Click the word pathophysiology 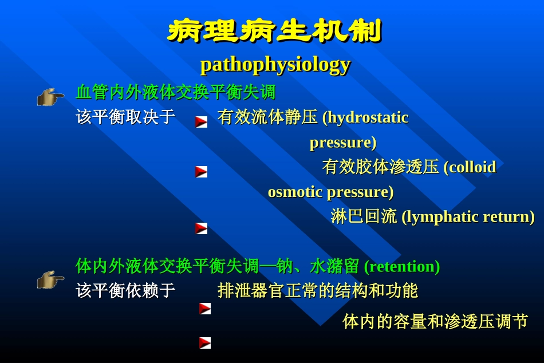tap(275, 64)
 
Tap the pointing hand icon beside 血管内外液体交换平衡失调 tap(50, 97)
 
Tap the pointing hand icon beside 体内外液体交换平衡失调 tap(50, 279)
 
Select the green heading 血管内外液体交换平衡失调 tap(176, 92)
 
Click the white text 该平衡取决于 tap(125, 117)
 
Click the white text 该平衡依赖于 tap(125, 291)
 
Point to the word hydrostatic tap(368, 117)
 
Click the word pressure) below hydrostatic tap(342, 142)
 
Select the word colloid tap(472, 167)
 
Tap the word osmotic tap(295, 192)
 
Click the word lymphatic tap(442, 216)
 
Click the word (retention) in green tap(402, 266)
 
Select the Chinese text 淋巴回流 tap(364, 216)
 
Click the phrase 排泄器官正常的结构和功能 tap(318, 291)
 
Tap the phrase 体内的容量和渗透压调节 tap(435, 322)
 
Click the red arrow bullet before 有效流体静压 tap(201, 121)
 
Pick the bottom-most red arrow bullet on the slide tap(205, 343)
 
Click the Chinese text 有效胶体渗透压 tap(380, 167)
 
